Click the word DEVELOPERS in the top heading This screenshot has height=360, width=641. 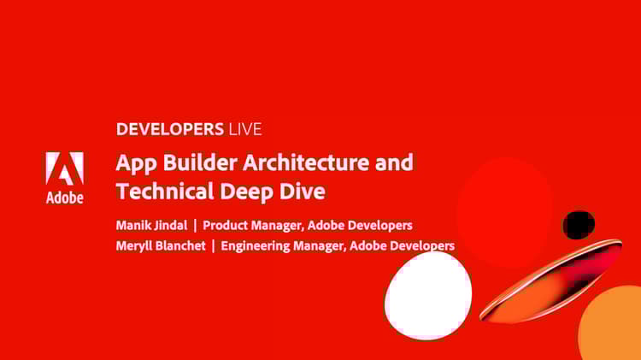point(169,130)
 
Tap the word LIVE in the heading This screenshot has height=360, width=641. point(244,130)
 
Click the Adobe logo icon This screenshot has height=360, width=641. point(64,169)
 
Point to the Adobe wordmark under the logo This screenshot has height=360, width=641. point(64,198)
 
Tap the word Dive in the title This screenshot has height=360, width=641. point(303,190)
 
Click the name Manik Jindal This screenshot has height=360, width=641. point(150,225)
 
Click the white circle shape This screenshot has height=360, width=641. point(428,295)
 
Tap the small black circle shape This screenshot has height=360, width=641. point(579,225)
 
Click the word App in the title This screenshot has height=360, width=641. point(132,162)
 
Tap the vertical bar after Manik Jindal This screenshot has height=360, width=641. point(195,225)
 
